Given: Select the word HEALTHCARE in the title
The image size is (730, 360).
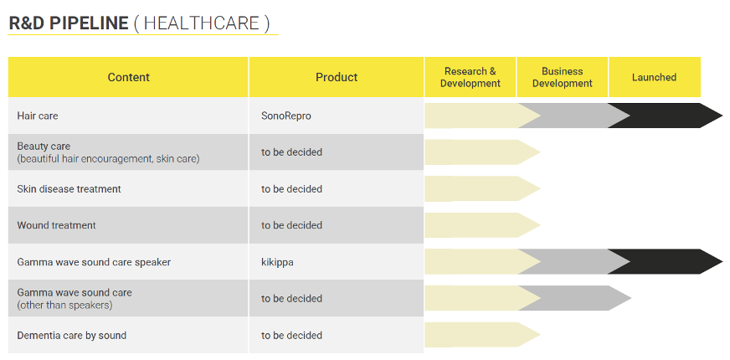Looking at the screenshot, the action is pyautogui.click(x=201, y=23).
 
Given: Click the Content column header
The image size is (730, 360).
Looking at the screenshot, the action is pyautogui.click(x=128, y=77).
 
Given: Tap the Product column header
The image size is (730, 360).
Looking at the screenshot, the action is pyautogui.click(x=337, y=77).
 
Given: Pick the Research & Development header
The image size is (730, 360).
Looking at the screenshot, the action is pyautogui.click(x=470, y=77).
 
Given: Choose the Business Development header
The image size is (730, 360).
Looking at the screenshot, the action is pyautogui.click(x=563, y=77).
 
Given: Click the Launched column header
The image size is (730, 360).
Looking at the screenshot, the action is pyautogui.click(x=654, y=77).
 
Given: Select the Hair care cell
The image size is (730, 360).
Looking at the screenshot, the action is pyautogui.click(x=37, y=116).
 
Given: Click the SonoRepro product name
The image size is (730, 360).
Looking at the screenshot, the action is pyautogui.click(x=285, y=116).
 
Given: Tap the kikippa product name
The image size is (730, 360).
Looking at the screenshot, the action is pyautogui.click(x=277, y=262).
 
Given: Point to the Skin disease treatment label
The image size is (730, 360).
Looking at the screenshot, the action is pyautogui.click(x=69, y=189).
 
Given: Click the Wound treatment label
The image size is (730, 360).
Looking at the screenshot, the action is pyautogui.click(x=56, y=225).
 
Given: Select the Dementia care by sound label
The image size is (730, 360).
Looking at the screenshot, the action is pyautogui.click(x=72, y=336).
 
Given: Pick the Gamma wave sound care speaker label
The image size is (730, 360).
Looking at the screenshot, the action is pyautogui.click(x=94, y=262).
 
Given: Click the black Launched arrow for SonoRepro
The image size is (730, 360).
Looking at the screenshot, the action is pyautogui.click(x=666, y=116).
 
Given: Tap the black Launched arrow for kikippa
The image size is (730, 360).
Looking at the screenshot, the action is pyautogui.click(x=666, y=262).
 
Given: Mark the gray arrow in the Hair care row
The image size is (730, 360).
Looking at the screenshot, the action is pyautogui.click(x=574, y=116).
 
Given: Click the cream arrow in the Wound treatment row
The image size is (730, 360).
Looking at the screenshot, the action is pyautogui.click(x=482, y=225).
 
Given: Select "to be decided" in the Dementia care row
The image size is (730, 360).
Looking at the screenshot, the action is pyautogui.click(x=291, y=336).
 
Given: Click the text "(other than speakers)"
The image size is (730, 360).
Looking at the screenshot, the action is pyautogui.click(x=64, y=306).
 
